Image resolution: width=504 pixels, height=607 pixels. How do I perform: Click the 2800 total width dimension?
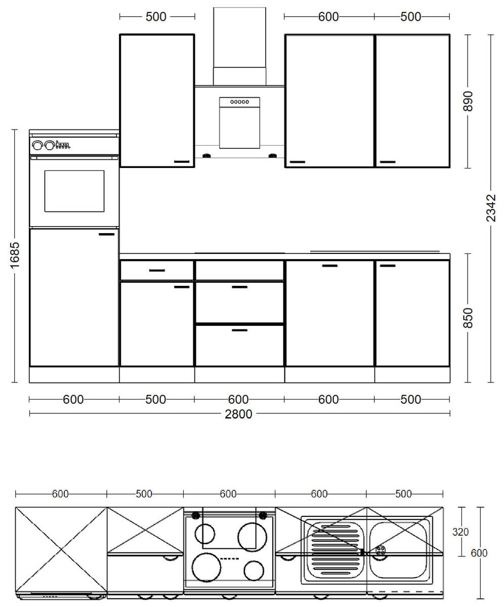tap(238, 414)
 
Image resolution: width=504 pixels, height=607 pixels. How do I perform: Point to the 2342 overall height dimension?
tap(490, 208)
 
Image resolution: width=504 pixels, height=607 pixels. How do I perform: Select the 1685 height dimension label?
tap(15, 255)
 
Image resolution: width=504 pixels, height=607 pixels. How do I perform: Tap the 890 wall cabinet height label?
tap(468, 102)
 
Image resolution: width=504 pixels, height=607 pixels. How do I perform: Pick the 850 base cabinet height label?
tap(468, 318)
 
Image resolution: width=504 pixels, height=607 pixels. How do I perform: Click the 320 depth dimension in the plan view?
tap(460, 532)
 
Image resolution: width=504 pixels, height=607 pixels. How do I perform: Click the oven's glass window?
tap(74, 191)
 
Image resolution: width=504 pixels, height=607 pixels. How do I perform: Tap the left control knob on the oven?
tap(37, 146)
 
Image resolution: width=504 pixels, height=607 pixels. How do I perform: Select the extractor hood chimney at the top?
tap(239, 46)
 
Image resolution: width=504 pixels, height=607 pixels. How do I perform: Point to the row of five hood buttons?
tap(239, 102)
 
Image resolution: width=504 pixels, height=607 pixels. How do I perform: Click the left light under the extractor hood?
tap(206, 156)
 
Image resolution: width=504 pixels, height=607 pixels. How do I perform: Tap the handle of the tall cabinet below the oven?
tap(107, 234)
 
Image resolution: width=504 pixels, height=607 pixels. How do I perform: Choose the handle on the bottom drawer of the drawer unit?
tap(239, 330)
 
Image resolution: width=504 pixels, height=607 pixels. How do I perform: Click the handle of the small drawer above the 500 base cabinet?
tap(157, 271)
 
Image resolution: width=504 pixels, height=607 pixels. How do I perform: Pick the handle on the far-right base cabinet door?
tap(388, 266)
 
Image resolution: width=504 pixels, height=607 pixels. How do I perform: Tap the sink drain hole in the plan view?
tap(381, 550)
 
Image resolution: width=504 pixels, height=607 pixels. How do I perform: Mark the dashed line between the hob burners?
tap(230, 558)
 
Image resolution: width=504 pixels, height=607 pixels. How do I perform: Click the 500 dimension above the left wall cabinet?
tap(156, 17)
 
